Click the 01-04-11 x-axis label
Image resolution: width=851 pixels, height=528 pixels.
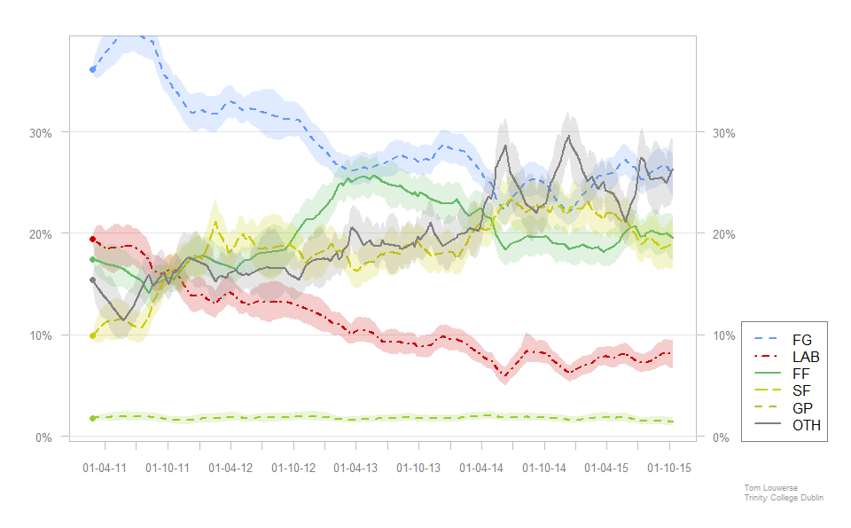point(105,468)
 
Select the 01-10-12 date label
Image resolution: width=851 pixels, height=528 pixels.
point(293,468)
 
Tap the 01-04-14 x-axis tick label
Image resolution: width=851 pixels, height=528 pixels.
point(481,468)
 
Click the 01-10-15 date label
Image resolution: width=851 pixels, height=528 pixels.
point(669,468)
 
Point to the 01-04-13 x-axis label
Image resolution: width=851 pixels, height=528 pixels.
point(355,468)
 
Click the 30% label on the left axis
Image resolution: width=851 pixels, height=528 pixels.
point(42,133)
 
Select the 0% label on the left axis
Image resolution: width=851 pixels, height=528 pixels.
point(45,437)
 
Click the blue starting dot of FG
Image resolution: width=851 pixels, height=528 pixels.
point(92,69)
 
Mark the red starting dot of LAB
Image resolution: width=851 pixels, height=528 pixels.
point(92,239)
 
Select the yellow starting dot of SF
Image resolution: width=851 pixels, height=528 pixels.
point(92,335)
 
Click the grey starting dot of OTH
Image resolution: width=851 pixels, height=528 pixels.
point(92,280)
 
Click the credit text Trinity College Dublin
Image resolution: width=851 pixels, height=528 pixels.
point(784,498)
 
